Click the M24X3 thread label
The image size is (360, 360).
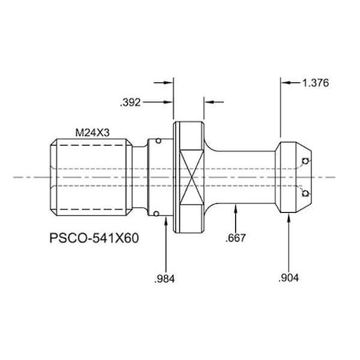pos(92,133)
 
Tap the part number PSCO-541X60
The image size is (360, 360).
pos(94,238)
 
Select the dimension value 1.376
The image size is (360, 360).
pos(315,83)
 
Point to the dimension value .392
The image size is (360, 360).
pos(130,102)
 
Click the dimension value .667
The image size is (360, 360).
pos(235,238)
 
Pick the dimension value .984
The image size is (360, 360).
pos(165,279)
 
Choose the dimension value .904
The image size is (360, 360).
pos(289,278)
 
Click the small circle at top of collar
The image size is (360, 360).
pos(158,141)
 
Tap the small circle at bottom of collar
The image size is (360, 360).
pos(157,214)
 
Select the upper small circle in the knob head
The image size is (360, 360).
pos(306,161)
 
